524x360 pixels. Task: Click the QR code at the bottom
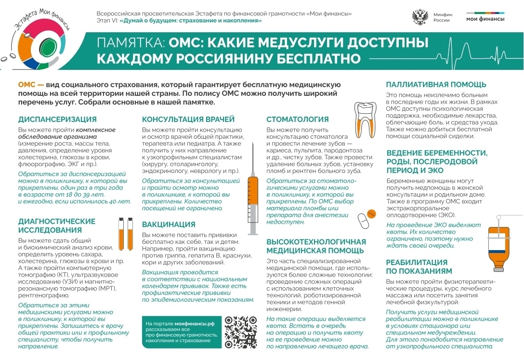click(x=241, y=332)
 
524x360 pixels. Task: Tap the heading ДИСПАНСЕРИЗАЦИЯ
click(x=57, y=120)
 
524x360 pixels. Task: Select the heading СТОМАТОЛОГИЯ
click(x=298, y=120)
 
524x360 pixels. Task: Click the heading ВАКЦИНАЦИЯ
click(x=169, y=225)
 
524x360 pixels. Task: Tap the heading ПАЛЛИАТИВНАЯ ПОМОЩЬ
click(x=436, y=85)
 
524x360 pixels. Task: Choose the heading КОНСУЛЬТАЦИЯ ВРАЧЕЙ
click(x=188, y=120)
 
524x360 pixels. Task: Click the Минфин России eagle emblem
click(x=420, y=17)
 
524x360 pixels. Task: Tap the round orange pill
click(x=371, y=213)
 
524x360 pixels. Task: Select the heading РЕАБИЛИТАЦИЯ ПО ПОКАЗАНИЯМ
click(x=417, y=267)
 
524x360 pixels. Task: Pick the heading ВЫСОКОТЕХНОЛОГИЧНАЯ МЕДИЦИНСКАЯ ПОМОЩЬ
click(x=316, y=246)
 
